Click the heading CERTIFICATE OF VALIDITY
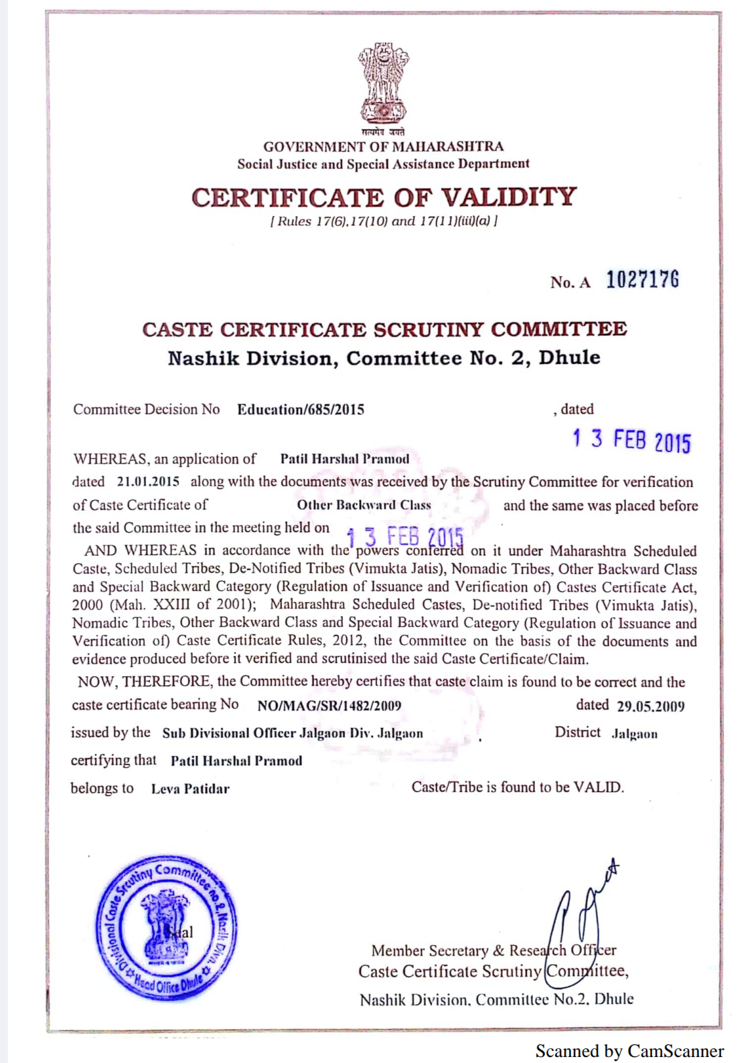coord(384,197)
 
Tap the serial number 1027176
coord(642,280)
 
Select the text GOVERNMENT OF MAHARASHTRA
coord(383,147)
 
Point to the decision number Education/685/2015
coord(301,409)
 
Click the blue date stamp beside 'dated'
coord(631,440)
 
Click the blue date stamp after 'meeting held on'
coord(404,537)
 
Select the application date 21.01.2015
coord(148,482)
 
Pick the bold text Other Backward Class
coord(364,505)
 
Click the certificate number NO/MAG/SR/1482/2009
coord(329,706)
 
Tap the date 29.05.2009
coord(650,706)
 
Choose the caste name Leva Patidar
coord(190,789)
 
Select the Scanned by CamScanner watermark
coord(629,1051)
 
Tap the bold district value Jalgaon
coord(634,734)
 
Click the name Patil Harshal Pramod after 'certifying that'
coord(236,761)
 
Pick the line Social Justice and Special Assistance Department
coord(383,164)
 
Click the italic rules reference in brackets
coord(384,221)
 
